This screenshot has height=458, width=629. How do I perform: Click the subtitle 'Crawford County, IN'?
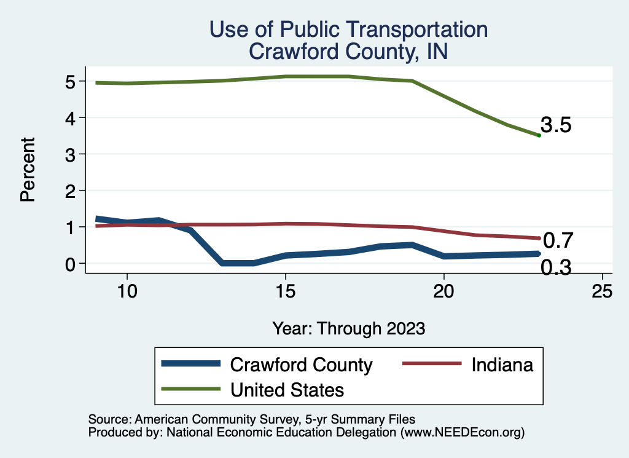[348, 51]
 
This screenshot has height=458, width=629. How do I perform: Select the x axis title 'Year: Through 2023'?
[348, 329]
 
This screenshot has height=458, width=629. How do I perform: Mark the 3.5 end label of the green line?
[557, 125]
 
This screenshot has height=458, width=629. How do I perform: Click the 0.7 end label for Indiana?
[558, 239]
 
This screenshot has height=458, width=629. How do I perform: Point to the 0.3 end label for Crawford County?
[557, 267]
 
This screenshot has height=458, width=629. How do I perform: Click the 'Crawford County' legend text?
[301, 365]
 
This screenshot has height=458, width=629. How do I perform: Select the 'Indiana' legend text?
[502, 365]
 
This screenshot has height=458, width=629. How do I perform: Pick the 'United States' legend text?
[287, 389]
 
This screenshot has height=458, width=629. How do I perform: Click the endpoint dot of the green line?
[539, 135]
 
